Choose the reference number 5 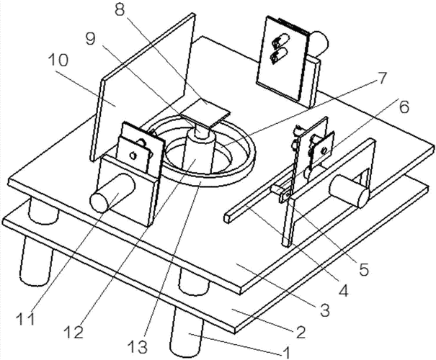tap(364, 271)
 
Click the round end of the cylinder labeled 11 tap(100, 200)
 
